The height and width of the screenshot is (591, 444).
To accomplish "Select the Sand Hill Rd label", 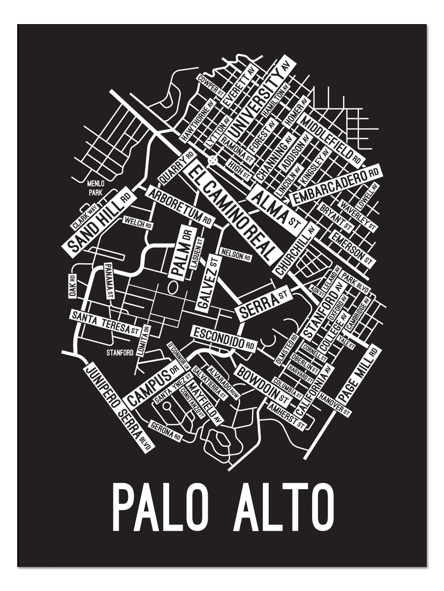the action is tap(97, 220).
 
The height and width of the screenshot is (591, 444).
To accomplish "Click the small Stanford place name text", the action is tap(120, 353).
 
